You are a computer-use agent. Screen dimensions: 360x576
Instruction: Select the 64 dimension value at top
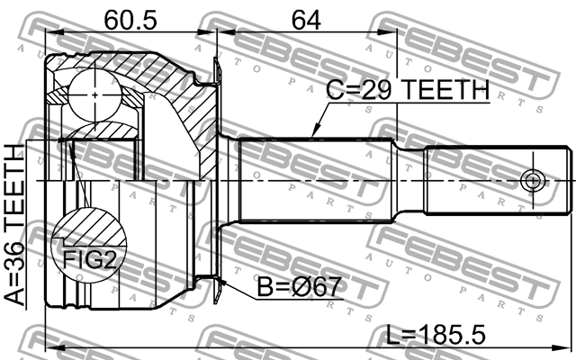click(x=306, y=18)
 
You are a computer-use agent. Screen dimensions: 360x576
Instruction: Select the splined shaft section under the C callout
click(x=315, y=180)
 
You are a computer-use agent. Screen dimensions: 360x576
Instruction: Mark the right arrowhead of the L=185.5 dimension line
click(x=569, y=347)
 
